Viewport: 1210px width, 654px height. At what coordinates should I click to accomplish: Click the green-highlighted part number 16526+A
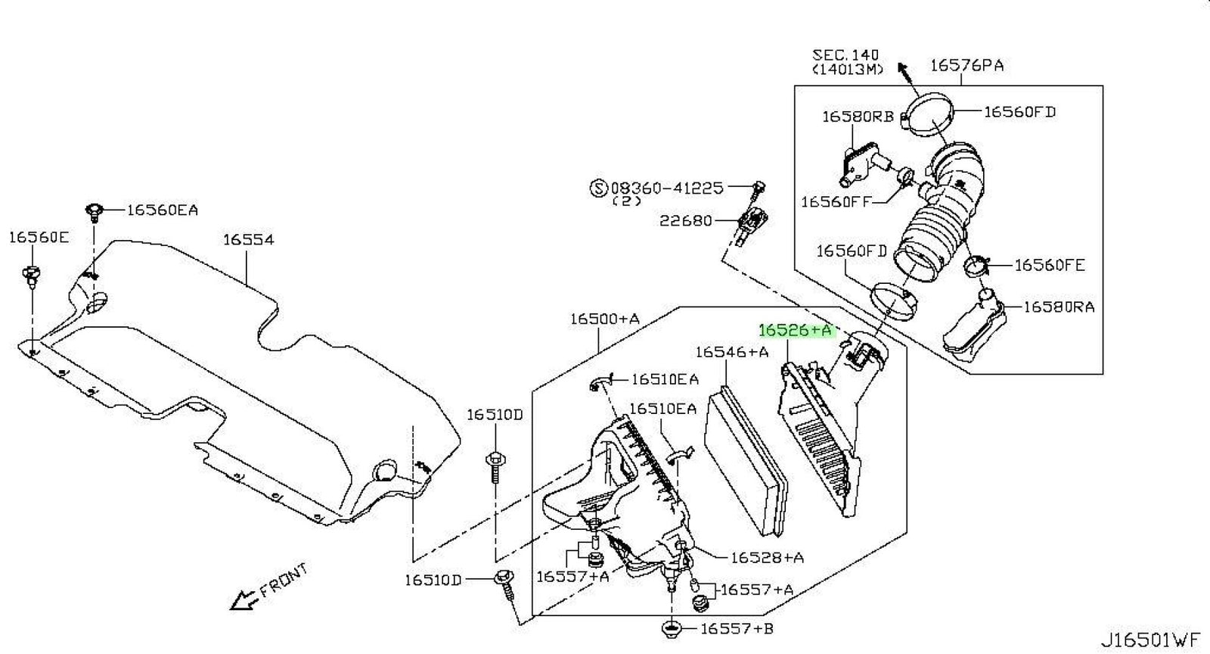point(795,330)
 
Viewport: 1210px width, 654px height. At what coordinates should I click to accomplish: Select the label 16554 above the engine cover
point(248,239)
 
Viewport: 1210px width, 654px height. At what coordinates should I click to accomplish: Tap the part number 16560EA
point(162,210)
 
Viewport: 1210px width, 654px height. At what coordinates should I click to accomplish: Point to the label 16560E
point(39,237)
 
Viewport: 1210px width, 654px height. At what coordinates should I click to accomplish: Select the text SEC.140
point(845,54)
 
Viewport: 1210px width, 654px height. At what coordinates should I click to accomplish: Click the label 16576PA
point(966,65)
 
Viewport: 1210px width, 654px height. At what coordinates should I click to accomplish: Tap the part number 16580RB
point(857,117)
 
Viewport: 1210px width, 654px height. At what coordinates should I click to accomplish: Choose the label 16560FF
point(836,201)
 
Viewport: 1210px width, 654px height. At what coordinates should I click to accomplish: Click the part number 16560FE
point(1049,265)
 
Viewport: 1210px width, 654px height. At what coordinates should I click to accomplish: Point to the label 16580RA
point(1059,307)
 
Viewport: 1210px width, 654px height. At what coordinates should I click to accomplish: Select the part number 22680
point(685,220)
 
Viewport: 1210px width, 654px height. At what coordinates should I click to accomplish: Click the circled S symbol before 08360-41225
point(598,188)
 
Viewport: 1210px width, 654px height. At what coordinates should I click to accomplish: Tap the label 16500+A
point(604,319)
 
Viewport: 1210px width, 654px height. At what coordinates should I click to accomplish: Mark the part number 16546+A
point(731,351)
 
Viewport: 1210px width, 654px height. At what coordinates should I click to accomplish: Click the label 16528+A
point(767,558)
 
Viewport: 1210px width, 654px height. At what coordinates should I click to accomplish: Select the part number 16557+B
point(737,628)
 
